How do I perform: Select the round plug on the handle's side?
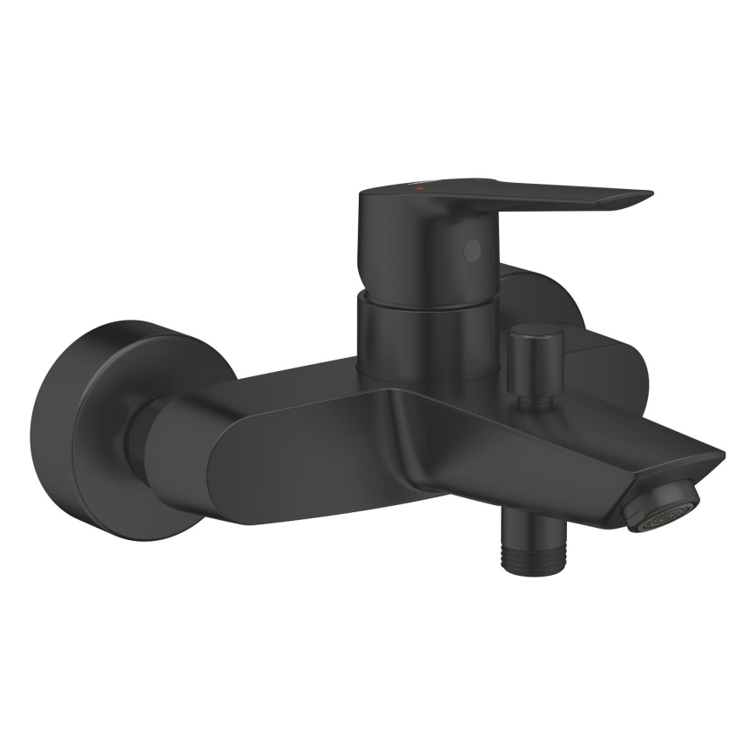[471, 252]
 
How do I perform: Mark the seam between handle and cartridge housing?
[418, 300]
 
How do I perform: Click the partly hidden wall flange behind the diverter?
[601, 366]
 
